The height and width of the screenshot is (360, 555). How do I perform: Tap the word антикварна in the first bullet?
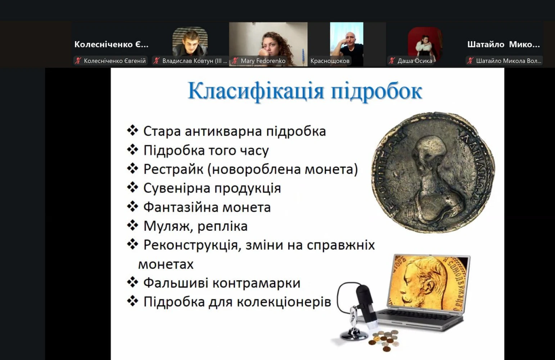pos(223,131)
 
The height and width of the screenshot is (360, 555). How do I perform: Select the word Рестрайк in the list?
pos(173,169)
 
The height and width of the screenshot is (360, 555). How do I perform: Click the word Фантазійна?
pos(181,207)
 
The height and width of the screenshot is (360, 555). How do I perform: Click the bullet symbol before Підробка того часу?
pos(132,150)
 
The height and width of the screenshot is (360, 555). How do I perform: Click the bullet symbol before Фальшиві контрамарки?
pos(132,283)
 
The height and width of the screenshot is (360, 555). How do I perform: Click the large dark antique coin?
pos(433,172)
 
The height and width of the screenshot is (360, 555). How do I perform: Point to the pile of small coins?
pos(384,339)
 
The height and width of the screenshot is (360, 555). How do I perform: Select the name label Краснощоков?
pos(330,61)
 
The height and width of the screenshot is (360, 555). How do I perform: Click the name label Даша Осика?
pos(415,61)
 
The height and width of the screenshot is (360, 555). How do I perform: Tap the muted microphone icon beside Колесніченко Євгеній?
pos(78,61)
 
